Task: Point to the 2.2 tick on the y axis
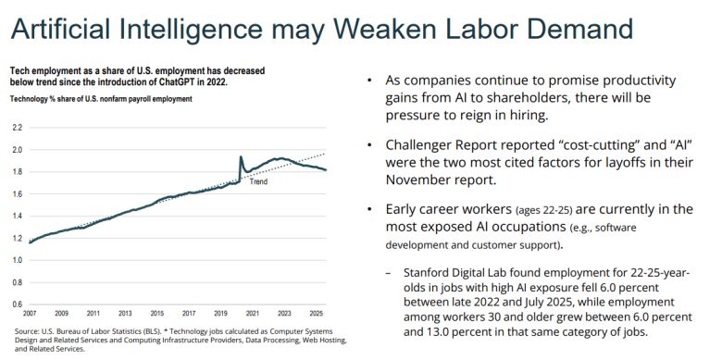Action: coord(17,127)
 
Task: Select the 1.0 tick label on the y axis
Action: coord(17,259)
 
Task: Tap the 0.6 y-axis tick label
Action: coord(17,304)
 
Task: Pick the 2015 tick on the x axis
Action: coord(157,315)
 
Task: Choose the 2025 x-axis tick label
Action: coord(317,315)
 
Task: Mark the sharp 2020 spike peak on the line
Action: coord(241,157)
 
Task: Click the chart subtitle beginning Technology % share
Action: coord(102,99)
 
